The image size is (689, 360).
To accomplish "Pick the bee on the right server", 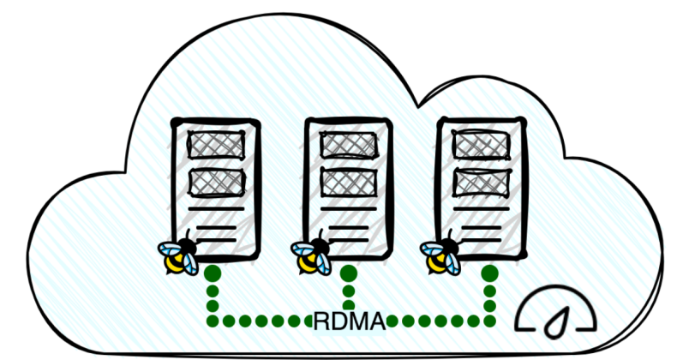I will click(x=442, y=255).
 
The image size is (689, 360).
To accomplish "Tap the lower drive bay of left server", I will click(x=215, y=181).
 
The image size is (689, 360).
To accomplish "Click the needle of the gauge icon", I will click(x=558, y=321).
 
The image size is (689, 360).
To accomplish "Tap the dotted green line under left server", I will click(x=213, y=296).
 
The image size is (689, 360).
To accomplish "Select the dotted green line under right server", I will click(x=489, y=296).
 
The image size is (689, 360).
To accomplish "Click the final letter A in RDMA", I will click(x=376, y=322).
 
